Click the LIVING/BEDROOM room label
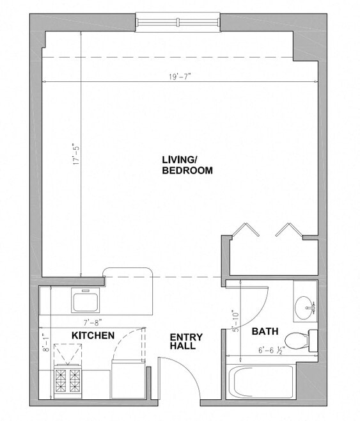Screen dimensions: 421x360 [187, 166]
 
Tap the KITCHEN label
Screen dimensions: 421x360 [93, 335]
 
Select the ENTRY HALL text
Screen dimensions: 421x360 [186, 342]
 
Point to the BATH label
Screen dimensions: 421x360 [264, 331]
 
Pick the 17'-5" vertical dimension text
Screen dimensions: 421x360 [75, 154]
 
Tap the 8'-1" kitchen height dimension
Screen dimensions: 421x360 [46, 346]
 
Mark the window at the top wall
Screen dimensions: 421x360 [178, 23]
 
